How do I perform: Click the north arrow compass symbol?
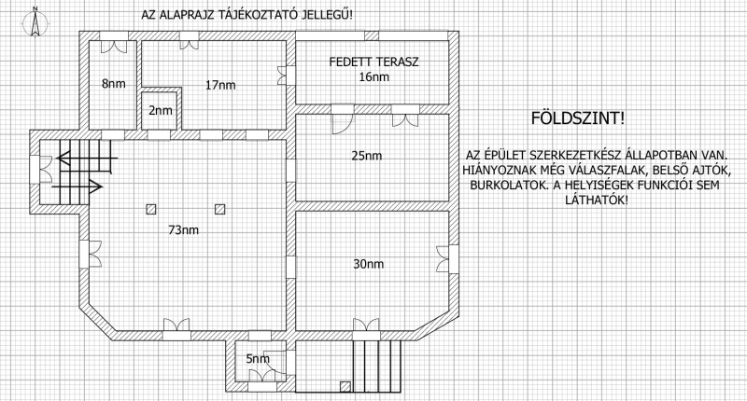(x=35, y=22)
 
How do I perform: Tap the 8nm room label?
(x=114, y=84)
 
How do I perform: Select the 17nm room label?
(x=220, y=85)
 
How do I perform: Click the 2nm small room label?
(x=161, y=111)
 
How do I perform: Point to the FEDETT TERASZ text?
(x=374, y=62)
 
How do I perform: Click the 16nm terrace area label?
(x=374, y=77)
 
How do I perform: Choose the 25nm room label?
(x=367, y=156)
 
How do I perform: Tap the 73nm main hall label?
(x=183, y=230)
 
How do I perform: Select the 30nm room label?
(x=368, y=264)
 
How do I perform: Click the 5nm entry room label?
(x=258, y=359)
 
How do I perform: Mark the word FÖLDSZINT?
(x=577, y=118)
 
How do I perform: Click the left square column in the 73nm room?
(x=151, y=209)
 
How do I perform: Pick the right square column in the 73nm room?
(x=219, y=209)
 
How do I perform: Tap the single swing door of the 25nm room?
(x=343, y=119)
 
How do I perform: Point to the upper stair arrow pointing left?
(x=87, y=159)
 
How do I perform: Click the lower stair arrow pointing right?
(x=78, y=187)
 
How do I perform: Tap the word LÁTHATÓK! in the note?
(x=597, y=200)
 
